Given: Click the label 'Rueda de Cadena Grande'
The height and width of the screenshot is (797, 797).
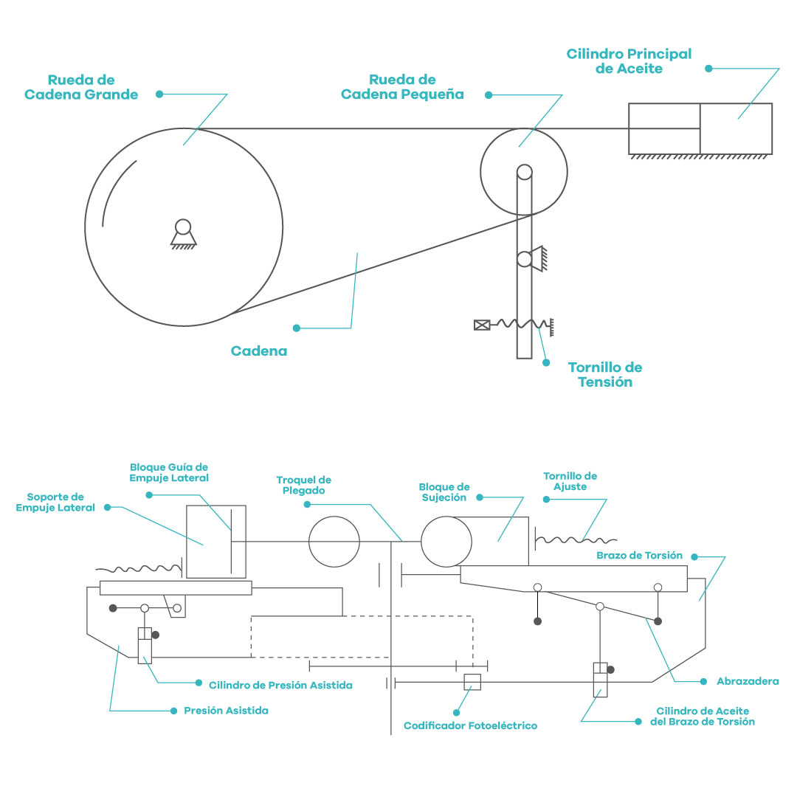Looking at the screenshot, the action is coord(81,87).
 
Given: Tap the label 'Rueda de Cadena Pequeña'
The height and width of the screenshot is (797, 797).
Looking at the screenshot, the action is coord(402,87).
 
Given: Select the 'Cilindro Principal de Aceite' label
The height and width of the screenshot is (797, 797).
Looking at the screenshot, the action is coord(629,61).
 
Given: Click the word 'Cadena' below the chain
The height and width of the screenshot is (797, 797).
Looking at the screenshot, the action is coord(259,351).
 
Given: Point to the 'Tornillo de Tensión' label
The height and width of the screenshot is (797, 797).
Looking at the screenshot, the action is coord(605,375).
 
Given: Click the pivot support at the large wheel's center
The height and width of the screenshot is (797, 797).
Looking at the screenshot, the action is coord(183,234).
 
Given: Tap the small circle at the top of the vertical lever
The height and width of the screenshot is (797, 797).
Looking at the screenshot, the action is coord(525,172).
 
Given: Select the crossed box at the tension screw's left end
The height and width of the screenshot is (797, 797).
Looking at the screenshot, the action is coord(481,325).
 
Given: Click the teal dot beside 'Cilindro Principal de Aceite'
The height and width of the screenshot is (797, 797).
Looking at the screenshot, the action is coord(708,69).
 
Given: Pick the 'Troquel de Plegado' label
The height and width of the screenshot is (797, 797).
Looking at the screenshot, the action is coord(303,485).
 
